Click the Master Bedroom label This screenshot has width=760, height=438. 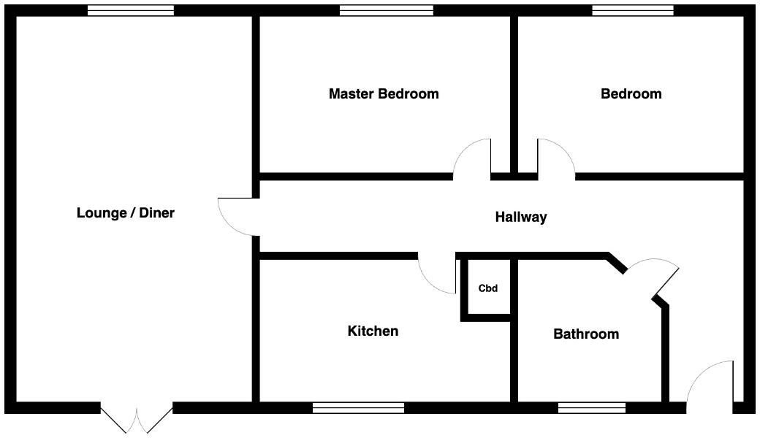(x=384, y=94)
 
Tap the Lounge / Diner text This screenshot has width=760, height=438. (x=126, y=213)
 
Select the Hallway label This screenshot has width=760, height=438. (x=521, y=217)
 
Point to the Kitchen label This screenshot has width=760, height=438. (x=373, y=331)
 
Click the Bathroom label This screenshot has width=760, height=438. (x=586, y=334)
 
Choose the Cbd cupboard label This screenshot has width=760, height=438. (x=488, y=288)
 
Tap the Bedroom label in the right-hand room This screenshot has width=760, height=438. (x=631, y=94)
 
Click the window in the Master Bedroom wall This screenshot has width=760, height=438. (x=387, y=10)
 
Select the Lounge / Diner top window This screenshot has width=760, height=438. (x=131, y=10)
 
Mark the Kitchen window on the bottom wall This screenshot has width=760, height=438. (x=358, y=407)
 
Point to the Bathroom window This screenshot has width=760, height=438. (x=592, y=407)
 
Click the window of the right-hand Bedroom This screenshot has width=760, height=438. (x=632, y=10)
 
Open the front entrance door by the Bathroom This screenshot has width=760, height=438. (x=709, y=383)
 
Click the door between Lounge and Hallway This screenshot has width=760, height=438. (x=236, y=217)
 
